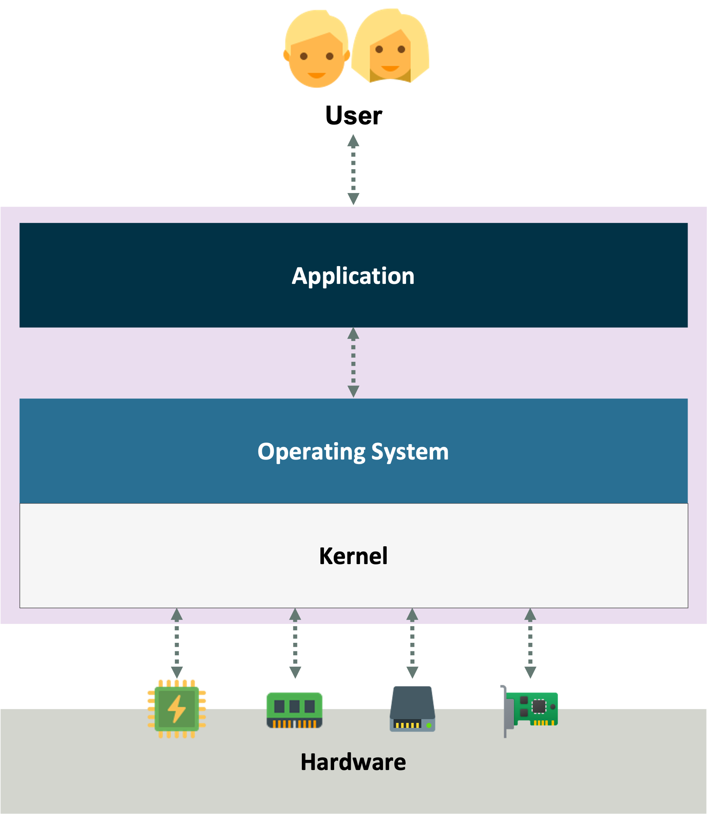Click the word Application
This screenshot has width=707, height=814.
point(353,276)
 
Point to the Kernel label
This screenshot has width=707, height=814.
point(353,556)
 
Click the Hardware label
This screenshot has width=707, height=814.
point(353,762)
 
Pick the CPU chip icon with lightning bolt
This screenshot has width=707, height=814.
point(177,709)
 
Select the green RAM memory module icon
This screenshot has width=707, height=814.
point(295,710)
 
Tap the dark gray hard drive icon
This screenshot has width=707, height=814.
point(412,709)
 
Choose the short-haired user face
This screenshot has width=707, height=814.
point(316,50)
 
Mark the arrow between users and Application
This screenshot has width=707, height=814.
point(353,170)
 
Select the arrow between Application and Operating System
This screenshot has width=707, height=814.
point(353,362)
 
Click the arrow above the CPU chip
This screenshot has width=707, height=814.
point(177,643)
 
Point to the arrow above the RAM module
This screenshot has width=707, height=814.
point(295,643)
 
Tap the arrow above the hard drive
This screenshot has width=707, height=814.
point(412,643)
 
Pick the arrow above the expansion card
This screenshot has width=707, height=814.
point(530,643)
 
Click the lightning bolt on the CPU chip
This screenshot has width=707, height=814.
point(177,709)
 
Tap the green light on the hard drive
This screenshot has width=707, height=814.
point(429,726)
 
